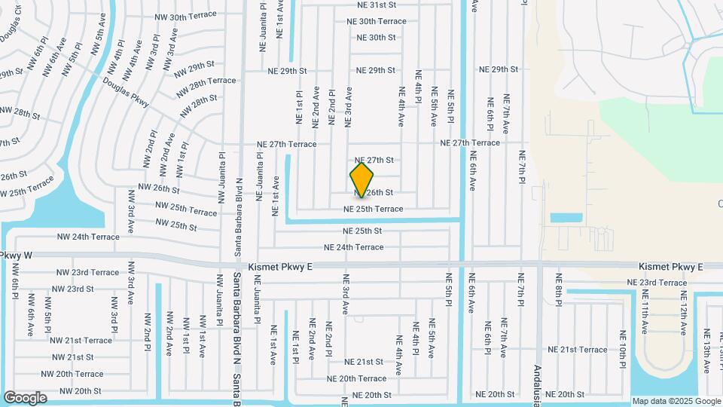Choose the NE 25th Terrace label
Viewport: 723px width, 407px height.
point(383,209)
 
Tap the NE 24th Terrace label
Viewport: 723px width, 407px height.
point(353,247)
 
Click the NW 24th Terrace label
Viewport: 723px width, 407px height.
point(88,237)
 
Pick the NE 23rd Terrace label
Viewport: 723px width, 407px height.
point(657,283)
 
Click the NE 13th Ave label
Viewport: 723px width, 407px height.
point(706,350)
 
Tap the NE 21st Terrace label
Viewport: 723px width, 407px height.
point(577,350)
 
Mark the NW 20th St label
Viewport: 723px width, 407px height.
point(77,391)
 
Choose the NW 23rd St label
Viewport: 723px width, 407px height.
point(69,289)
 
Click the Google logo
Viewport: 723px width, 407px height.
point(25,397)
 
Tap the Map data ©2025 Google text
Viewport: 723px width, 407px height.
point(676,401)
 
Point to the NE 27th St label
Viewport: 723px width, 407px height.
point(374,161)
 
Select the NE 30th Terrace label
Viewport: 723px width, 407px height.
point(377,22)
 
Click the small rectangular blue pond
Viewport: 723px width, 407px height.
point(566,219)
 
